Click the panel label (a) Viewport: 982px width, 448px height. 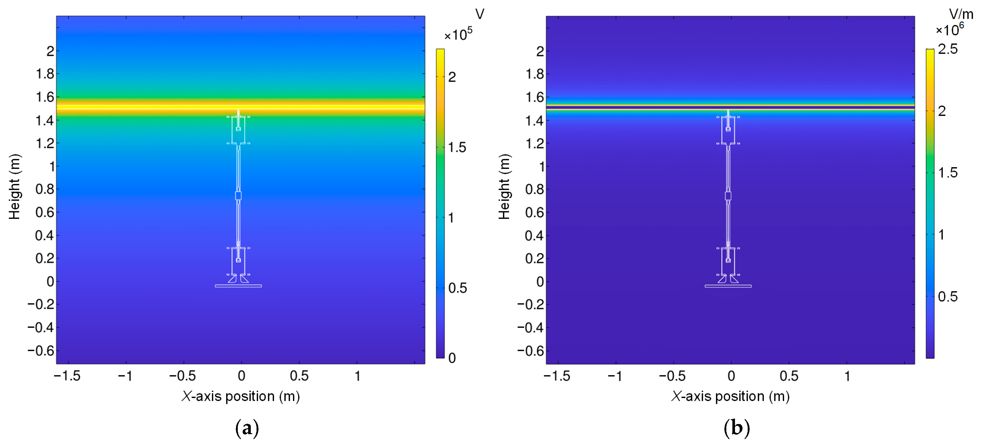[247, 428]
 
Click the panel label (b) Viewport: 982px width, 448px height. [736, 428]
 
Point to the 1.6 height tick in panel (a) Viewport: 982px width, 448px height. [45, 98]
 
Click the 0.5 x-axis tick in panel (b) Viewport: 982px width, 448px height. [789, 376]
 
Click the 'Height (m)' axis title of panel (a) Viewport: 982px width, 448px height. [14, 187]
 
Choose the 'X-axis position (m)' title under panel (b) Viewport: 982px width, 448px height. [730, 397]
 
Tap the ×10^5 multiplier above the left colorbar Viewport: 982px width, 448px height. [458, 34]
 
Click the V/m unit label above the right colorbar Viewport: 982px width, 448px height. [961, 14]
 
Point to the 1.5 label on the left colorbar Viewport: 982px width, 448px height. [457, 148]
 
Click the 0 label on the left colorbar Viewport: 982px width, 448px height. [452, 358]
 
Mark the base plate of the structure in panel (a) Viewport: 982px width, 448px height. [238, 286]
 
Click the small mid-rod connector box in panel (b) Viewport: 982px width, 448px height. [728, 196]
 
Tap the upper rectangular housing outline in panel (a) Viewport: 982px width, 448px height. [238, 130]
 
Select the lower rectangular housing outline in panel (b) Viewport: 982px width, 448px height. [728, 261]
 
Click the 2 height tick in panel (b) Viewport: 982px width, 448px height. [540, 51]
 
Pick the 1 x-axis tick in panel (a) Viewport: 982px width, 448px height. [357, 376]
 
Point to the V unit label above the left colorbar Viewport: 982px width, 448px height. [480, 14]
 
